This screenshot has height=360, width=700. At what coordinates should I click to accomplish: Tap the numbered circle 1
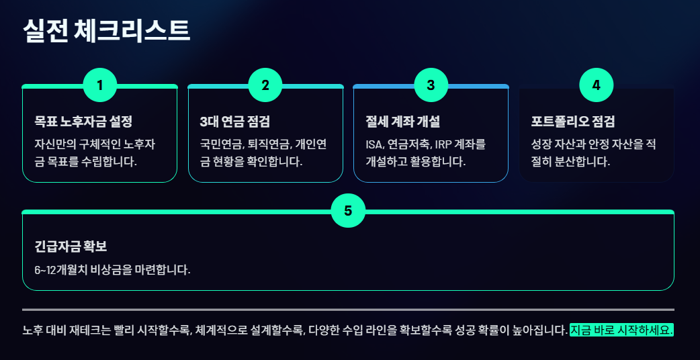coord(100,85)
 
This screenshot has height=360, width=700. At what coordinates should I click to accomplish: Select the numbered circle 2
coord(265,85)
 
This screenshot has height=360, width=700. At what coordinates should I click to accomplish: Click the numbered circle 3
coord(431,85)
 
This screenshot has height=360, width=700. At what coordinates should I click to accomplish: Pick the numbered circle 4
coord(596,85)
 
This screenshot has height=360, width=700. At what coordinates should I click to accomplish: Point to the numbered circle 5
coord(348,211)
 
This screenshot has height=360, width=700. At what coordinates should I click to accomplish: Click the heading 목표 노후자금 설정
coord(83,122)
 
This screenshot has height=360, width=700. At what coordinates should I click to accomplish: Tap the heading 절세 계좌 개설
coord(402,122)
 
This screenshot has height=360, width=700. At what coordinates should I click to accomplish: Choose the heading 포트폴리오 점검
coord(573,122)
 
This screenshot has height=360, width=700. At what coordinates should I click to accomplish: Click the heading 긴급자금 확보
coord(71,246)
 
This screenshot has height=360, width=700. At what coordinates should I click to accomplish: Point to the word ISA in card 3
coord(375,144)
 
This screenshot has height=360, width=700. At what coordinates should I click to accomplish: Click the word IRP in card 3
coord(445,144)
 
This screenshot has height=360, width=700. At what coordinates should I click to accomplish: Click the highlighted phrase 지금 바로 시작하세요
coord(621,330)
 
